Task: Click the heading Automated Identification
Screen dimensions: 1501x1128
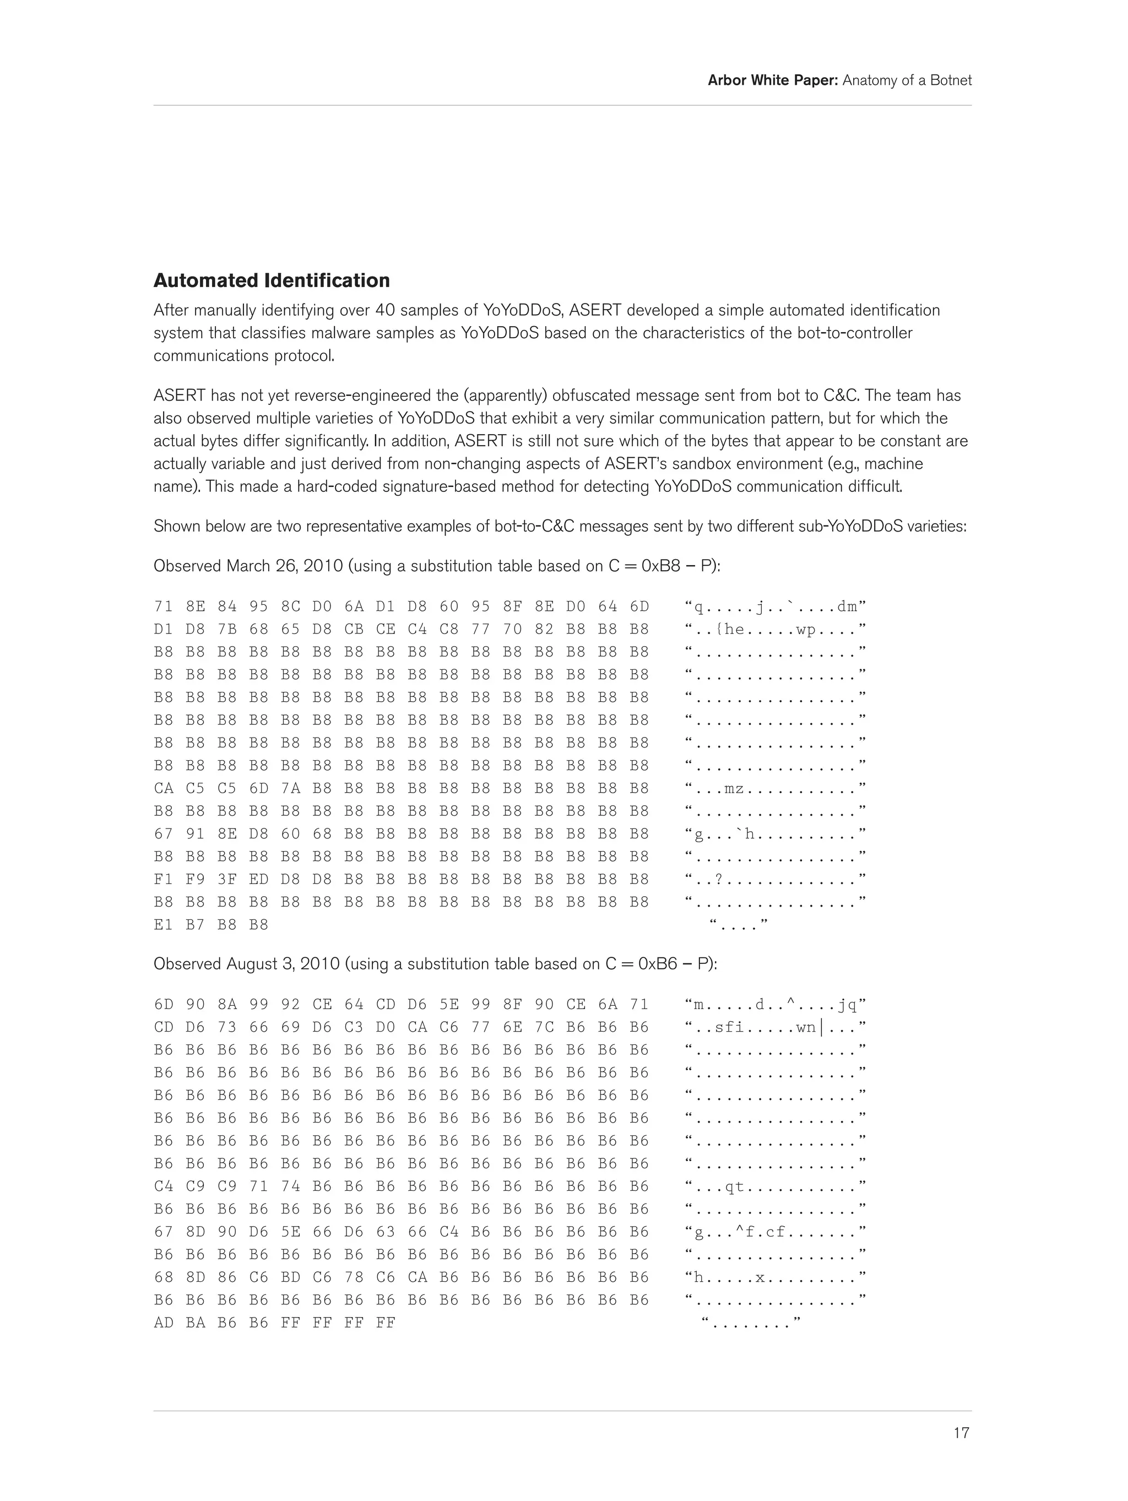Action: [272, 280]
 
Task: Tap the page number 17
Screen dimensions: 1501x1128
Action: [961, 1433]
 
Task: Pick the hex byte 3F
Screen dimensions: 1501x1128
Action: [227, 880]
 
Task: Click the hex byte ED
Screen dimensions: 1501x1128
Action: [258, 880]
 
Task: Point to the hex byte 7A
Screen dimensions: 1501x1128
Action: [290, 788]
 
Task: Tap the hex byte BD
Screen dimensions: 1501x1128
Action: [290, 1277]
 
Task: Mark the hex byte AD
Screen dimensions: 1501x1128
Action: [164, 1323]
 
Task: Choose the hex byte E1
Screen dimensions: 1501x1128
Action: [164, 925]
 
